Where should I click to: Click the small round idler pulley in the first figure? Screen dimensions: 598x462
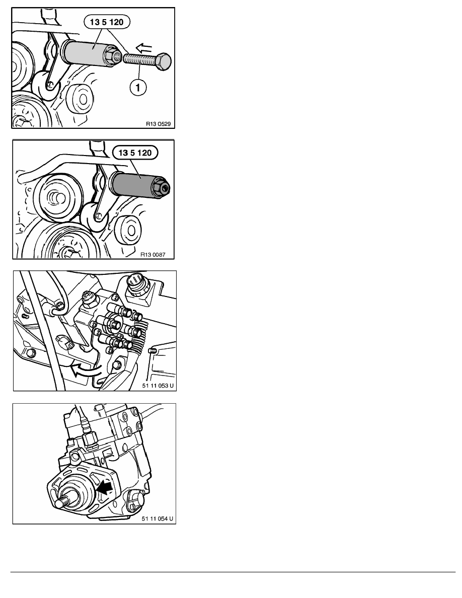[x=79, y=96]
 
